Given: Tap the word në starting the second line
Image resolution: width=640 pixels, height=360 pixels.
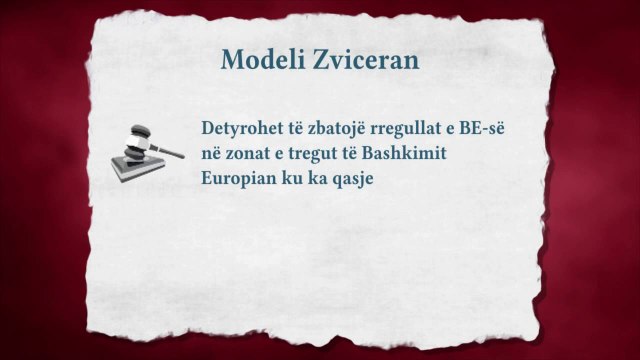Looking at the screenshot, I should click(210, 154).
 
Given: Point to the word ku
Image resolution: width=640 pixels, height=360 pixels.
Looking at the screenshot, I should click(296, 181).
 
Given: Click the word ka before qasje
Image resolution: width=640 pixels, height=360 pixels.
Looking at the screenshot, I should click(323, 181).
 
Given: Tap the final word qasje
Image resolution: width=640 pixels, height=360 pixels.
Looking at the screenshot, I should click(361, 182).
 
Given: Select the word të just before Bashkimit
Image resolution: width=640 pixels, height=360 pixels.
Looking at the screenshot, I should click(360, 154).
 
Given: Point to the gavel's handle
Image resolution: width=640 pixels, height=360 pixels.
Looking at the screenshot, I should click(168, 151).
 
